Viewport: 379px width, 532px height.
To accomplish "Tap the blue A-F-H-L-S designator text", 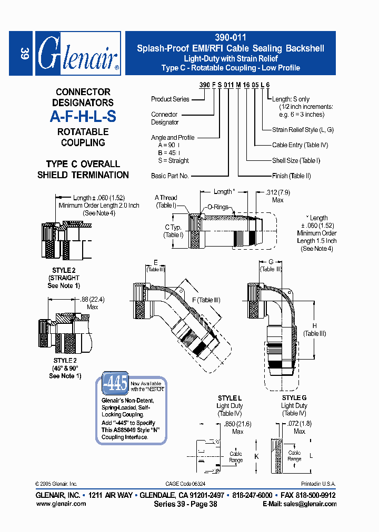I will point(83,117).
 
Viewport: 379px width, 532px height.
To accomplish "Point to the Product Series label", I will point(169,99).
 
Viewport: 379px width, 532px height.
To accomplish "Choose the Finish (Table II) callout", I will point(292,176).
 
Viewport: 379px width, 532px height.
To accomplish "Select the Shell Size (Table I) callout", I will point(296,160).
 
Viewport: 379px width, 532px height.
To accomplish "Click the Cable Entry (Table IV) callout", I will point(300,145).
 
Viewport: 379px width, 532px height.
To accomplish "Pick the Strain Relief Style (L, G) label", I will point(303,130).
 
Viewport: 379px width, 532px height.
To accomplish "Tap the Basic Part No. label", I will point(169,176).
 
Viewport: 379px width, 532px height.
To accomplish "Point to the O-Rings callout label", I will point(217,207).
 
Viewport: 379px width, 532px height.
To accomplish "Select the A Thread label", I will point(166,198).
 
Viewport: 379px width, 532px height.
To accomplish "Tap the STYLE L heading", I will point(230,398).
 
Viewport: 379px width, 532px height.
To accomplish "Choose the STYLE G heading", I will point(294,398).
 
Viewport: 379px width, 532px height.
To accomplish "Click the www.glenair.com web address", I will point(61,504).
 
